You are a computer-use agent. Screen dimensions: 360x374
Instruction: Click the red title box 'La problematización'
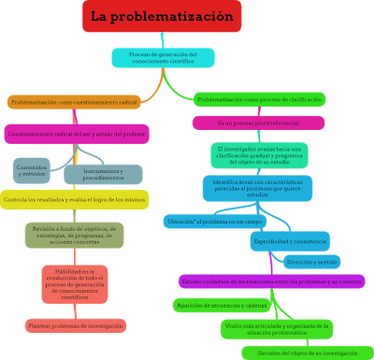coord(162,17)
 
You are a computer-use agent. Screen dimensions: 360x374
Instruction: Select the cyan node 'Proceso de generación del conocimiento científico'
coord(163,58)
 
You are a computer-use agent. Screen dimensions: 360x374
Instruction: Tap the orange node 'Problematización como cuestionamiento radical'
coord(74,102)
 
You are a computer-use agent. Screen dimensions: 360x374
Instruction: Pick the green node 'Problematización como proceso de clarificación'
coord(259,99)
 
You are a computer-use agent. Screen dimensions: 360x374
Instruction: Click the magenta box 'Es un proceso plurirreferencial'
coord(258,122)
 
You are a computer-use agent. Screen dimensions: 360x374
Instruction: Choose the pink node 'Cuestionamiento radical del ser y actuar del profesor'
coord(77,134)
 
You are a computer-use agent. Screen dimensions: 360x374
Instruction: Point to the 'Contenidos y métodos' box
coord(33,169)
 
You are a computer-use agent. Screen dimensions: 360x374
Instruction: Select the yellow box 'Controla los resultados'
coord(85,200)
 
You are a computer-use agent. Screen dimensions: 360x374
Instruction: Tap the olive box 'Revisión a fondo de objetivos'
coord(74,234)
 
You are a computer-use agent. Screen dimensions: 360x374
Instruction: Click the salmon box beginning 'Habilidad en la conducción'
coord(74,284)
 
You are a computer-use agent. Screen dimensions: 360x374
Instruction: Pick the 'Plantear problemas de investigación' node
coord(76,326)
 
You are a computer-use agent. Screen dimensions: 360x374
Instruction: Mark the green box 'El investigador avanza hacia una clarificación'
coord(258,154)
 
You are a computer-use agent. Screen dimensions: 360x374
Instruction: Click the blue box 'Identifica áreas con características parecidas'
coord(257,188)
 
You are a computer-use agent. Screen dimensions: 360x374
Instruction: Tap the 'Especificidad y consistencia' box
coord(289,241)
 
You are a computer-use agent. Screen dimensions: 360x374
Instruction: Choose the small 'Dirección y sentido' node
coord(311,263)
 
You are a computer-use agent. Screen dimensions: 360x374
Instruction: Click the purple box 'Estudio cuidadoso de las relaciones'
coord(271,281)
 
